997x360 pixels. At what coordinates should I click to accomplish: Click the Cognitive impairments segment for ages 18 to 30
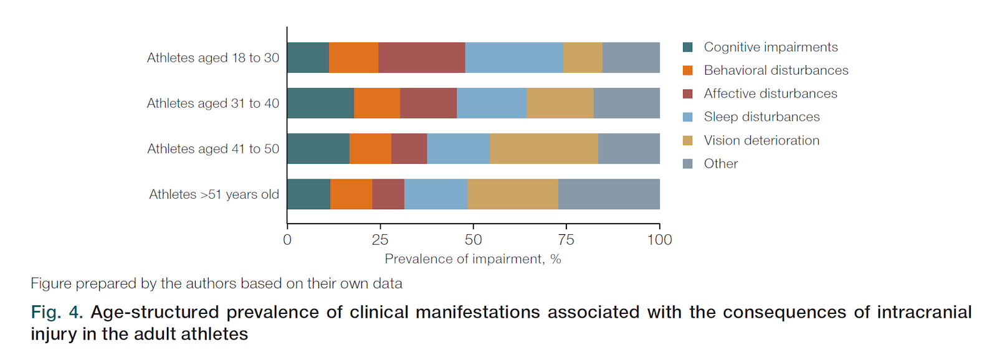(x=308, y=57)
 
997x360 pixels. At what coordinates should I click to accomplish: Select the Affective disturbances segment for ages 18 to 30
(x=421, y=57)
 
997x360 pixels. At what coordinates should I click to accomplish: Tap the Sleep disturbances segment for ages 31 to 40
(x=492, y=103)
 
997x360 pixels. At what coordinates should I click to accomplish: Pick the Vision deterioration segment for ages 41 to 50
(x=544, y=148)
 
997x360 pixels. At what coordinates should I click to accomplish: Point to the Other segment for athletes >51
(x=609, y=194)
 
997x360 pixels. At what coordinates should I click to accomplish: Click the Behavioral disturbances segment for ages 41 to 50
(x=370, y=148)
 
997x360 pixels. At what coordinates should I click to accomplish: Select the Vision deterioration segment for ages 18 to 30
(x=583, y=57)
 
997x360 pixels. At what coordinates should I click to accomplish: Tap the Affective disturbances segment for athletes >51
(x=388, y=194)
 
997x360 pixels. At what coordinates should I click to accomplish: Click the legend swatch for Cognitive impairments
(x=688, y=47)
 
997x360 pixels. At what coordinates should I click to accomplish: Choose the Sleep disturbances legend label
(x=761, y=116)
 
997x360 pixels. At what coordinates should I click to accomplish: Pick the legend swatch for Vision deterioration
(x=688, y=141)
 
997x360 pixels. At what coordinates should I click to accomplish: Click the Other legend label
(x=720, y=163)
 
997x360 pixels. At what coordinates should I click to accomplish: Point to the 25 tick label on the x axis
(x=380, y=240)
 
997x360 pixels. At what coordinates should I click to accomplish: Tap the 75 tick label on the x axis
(x=566, y=240)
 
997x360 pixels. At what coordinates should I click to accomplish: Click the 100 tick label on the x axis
(x=659, y=240)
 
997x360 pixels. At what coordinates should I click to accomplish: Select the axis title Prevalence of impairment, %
(x=473, y=259)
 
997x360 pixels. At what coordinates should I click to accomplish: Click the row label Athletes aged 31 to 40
(x=213, y=103)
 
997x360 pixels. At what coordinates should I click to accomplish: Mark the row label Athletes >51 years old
(x=214, y=194)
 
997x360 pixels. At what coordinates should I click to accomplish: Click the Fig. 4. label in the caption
(x=57, y=313)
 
